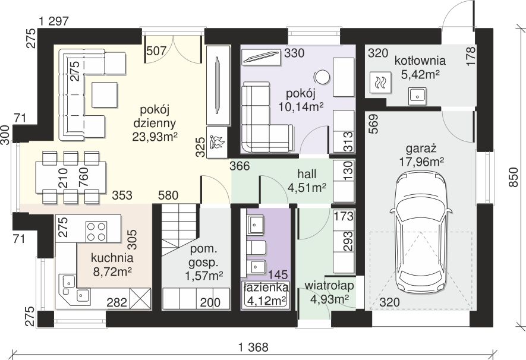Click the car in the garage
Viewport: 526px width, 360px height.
pyautogui.click(x=421, y=231)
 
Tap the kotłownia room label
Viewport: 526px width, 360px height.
pyautogui.click(x=420, y=61)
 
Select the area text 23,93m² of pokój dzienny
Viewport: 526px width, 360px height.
pyautogui.click(x=155, y=137)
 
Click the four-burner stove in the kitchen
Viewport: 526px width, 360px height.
pyautogui.click(x=97, y=231)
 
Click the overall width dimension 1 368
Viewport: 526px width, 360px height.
pyautogui.click(x=253, y=348)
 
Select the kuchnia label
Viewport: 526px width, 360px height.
pyautogui.click(x=112, y=258)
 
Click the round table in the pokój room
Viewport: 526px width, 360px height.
pyautogui.click(x=322, y=77)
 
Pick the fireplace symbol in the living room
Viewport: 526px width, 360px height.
pyautogui.click(x=217, y=142)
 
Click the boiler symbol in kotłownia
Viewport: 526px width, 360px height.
pyautogui.click(x=380, y=82)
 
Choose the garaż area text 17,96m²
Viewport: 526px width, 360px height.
pyautogui.click(x=421, y=162)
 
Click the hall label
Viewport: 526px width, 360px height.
pyautogui.click(x=307, y=174)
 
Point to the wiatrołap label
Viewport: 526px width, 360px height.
pyautogui.click(x=329, y=286)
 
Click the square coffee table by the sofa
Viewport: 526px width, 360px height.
pyautogui.click(x=105, y=95)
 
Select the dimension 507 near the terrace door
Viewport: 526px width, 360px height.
pyautogui.click(x=157, y=50)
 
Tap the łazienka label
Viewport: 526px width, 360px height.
pyautogui.click(x=266, y=288)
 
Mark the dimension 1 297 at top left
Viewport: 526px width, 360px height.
pyautogui.click(x=54, y=21)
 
